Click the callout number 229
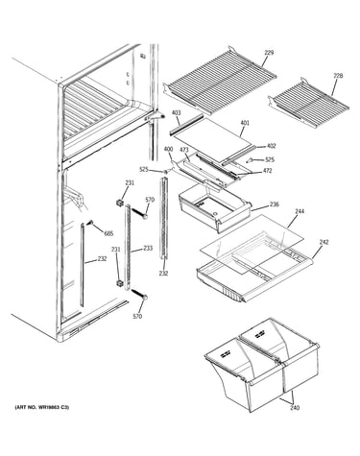(x=269, y=53)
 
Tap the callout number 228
(x=338, y=76)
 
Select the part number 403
(x=176, y=112)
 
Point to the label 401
(x=245, y=123)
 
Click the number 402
(x=271, y=146)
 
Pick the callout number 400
(x=168, y=149)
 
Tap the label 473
(x=184, y=150)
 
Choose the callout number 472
(x=267, y=171)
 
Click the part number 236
(x=275, y=204)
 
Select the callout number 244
(x=300, y=211)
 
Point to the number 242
(x=324, y=242)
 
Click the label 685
(x=108, y=233)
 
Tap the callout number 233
(x=148, y=248)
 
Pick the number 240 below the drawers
(x=295, y=408)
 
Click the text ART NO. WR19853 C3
(x=42, y=408)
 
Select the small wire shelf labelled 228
(x=308, y=100)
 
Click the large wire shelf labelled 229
(x=220, y=80)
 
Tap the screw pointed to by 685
(x=90, y=223)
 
